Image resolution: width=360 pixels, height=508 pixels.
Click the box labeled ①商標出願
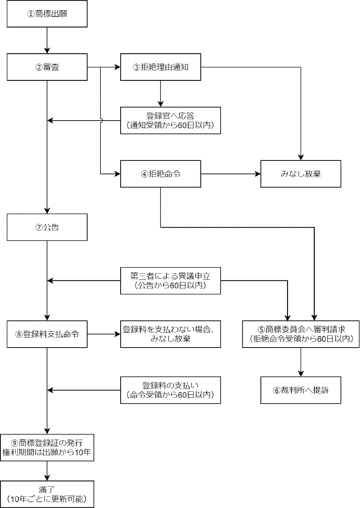point(47,13)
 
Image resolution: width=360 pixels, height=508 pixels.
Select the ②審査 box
point(47,67)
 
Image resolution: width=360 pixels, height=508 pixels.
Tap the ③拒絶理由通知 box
point(160,67)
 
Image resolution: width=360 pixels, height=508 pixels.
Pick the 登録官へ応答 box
point(171,121)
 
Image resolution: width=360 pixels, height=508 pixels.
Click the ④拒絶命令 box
point(160,174)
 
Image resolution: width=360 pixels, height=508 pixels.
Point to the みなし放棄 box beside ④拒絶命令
point(301,174)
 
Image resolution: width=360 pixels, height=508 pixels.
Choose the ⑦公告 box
point(47,228)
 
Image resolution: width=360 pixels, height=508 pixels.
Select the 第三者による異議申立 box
point(171,280)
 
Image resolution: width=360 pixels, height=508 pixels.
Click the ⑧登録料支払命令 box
point(47,334)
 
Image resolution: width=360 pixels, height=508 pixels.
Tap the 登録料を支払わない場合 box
point(171,334)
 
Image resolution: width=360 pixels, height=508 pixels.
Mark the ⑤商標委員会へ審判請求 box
point(301,334)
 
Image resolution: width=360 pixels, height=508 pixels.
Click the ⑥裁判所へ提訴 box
point(301,390)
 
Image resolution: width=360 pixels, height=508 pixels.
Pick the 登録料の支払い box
point(171,390)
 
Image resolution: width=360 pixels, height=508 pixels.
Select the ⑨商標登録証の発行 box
point(47,448)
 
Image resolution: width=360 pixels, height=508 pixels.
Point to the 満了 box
point(47,494)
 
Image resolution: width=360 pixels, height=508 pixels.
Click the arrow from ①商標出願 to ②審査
point(47,40)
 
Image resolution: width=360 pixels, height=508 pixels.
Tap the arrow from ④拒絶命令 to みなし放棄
point(231,174)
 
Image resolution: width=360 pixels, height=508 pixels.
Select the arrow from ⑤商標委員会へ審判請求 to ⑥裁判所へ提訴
point(301,362)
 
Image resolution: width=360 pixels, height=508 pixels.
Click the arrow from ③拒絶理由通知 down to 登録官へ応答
point(160,94)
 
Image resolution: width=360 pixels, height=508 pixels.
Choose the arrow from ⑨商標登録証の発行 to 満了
point(47,471)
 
